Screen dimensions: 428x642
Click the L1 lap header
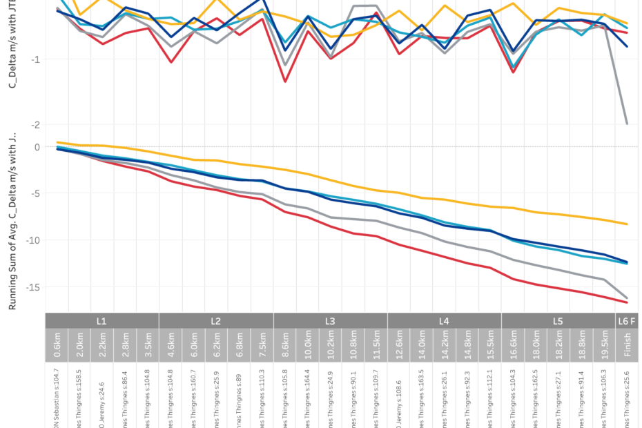tap(102, 321)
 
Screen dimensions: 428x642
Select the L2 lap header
tap(216, 321)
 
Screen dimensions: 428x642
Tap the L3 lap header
tap(330, 321)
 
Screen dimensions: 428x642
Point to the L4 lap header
tap(444, 321)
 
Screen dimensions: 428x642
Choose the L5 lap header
tap(558, 321)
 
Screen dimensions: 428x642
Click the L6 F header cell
tap(627, 321)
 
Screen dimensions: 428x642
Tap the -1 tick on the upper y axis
tap(36, 59)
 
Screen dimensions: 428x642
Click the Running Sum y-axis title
tap(12, 222)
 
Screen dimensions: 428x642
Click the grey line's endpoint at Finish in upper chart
tap(627, 124)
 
